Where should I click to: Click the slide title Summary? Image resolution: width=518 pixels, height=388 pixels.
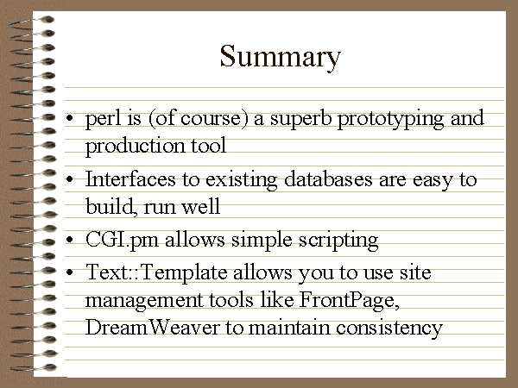(x=280, y=58)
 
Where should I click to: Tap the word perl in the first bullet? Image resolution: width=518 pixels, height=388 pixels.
(x=104, y=119)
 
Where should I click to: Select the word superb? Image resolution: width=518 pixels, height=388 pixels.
(x=300, y=119)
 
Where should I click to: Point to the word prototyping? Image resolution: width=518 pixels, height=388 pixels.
(x=390, y=120)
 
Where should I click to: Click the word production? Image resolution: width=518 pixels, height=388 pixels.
(x=136, y=147)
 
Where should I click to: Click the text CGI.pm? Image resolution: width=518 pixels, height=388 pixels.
(x=122, y=241)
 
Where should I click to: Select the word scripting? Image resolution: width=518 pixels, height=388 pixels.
(x=338, y=241)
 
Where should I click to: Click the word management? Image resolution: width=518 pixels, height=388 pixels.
(x=144, y=301)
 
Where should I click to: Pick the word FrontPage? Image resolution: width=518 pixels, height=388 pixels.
(x=349, y=300)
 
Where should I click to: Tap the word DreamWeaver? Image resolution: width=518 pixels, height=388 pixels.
(x=152, y=328)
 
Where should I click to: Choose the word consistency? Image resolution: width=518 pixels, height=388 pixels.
(x=389, y=329)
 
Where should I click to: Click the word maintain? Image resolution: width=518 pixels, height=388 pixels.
(x=289, y=328)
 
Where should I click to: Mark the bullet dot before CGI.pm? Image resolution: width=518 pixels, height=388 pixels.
(x=69, y=240)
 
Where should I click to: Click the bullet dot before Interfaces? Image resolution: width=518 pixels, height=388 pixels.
(x=69, y=179)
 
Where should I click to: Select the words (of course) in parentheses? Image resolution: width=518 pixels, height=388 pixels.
(x=199, y=119)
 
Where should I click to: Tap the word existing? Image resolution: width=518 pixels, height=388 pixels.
(x=241, y=180)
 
